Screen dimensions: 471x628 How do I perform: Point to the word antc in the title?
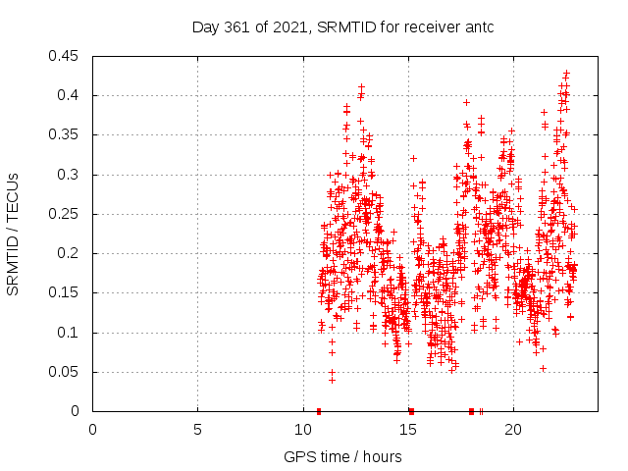pyautogui.click(x=479, y=26)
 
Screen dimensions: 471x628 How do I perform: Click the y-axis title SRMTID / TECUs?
pyautogui.click(x=13, y=234)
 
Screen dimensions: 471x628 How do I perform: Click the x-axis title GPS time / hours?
pyautogui.click(x=342, y=456)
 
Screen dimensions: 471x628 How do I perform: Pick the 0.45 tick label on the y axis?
pyautogui.click(x=67, y=56)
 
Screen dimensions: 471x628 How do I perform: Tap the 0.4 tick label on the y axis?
pyautogui.click(x=71, y=95)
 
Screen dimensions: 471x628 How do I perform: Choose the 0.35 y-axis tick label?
pyautogui.click(x=67, y=134)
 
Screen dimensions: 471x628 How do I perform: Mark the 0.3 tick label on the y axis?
pyautogui.click(x=71, y=175)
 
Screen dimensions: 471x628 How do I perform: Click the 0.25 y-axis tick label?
pyautogui.click(x=67, y=214)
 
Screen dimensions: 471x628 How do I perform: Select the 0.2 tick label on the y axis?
pyautogui.click(x=71, y=253)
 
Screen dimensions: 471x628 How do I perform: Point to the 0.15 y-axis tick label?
pyautogui.click(x=67, y=292)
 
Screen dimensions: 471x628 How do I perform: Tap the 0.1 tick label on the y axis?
pyautogui.click(x=71, y=333)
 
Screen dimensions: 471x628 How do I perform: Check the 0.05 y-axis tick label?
pyautogui.click(x=67, y=372)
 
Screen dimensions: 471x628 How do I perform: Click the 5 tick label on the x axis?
pyautogui.click(x=197, y=429)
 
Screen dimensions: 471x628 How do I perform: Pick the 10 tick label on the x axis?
pyautogui.click(x=302, y=429)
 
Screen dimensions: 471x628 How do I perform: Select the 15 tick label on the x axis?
pyautogui.click(x=407, y=429)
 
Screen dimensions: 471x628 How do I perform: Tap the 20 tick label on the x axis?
pyautogui.click(x=512, y=429)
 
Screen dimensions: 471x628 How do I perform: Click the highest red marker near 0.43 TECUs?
pyautogui.click(x=566, y=73)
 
